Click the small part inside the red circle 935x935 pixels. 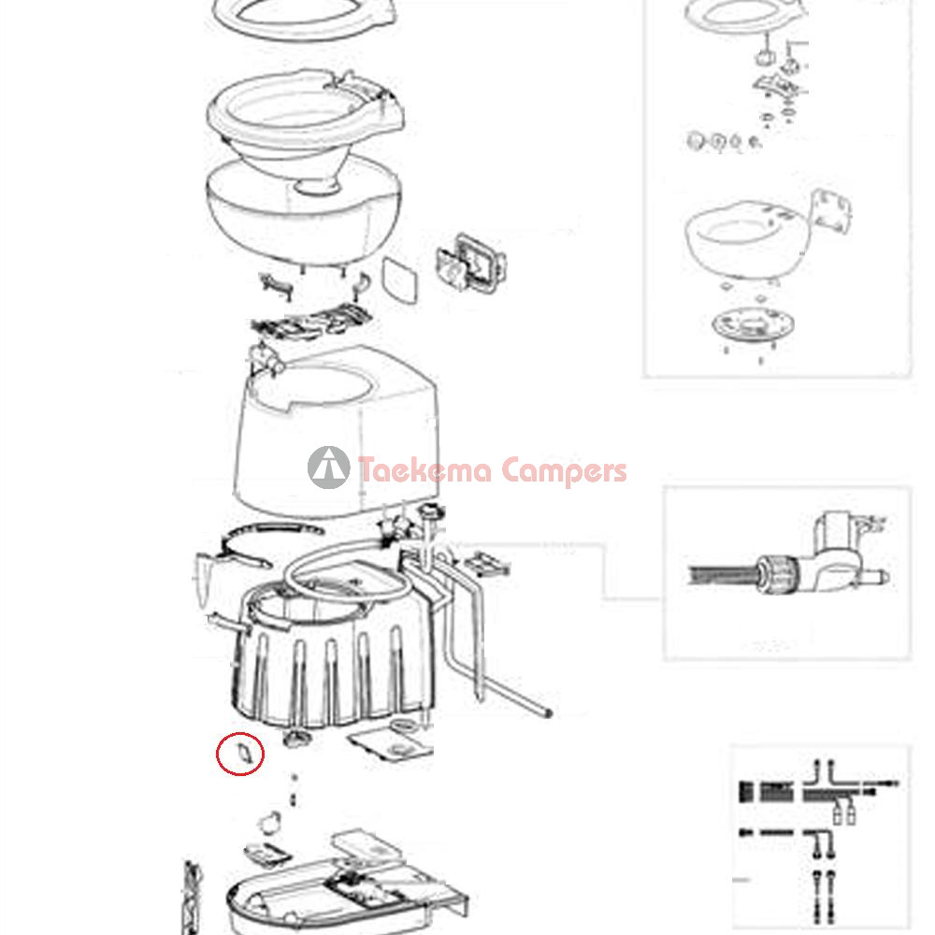click(x=244, y=753)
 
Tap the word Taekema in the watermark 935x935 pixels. click(x=424, y=470)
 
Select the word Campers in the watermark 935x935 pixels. click(x=564, y=471)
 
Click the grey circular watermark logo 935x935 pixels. click(x=328, y=467)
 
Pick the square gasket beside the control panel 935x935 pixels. click(x=399, y=280)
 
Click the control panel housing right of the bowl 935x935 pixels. click(x=471, y=263)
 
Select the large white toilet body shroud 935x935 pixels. click(x=335, y=432)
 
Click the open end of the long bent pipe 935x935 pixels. click(x=547, y=712)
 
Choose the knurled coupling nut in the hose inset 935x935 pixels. click(x=776, y=573)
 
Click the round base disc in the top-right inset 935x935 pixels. click(x=753, y=324)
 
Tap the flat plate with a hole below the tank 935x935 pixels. click(x=391, y=743)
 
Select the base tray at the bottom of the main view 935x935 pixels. click(x=346, y=895)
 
